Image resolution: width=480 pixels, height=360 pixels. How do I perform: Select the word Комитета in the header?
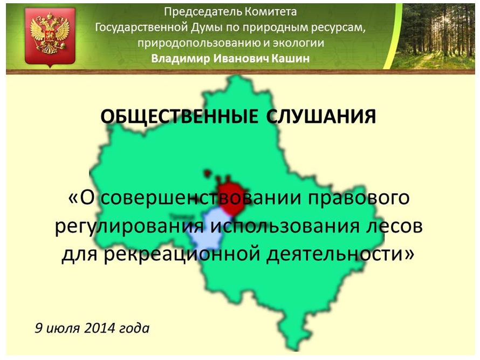pyautogui.click(x=271, y=12)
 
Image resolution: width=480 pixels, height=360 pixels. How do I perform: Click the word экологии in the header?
pyautogui.click(x=298, y=43)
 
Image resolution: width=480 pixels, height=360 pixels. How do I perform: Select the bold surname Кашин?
pyautogui.click(x=290, y=58)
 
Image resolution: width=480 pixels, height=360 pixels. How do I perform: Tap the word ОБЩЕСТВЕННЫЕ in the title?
pyautogui.click(x=180, y=117)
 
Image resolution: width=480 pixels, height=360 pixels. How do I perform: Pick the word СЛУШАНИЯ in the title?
pyautogui.click(x=321, y=117)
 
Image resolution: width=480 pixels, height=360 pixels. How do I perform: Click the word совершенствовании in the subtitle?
pyautogui.click(x=200, y=199)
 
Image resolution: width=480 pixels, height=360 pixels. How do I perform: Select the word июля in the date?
pyautogui.click(x=63, y=329)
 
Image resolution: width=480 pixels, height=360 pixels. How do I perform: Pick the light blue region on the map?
pyautogui.click(x=209, y=230)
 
